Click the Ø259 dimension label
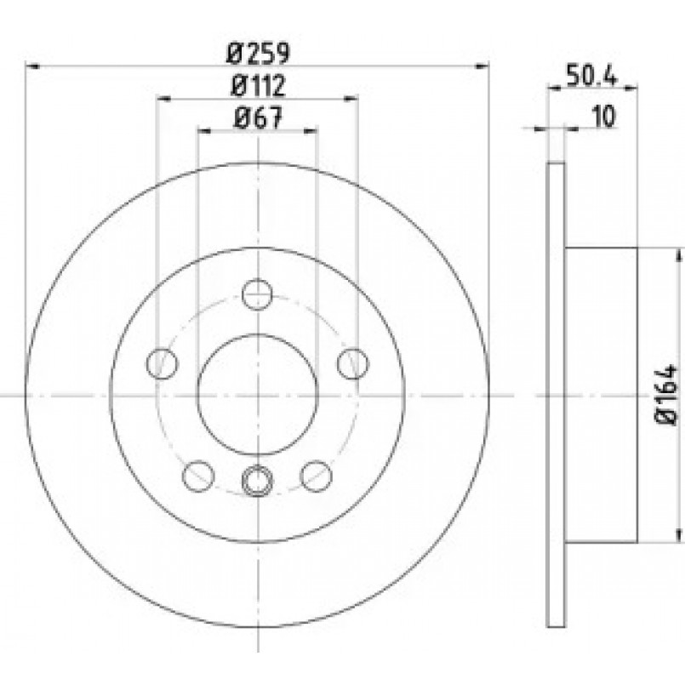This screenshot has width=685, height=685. tap(259, 54)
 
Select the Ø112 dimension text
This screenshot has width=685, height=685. tap(259, 86)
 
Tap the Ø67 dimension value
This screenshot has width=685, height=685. tap(259, 118)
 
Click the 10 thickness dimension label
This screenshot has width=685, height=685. tap(605, 117)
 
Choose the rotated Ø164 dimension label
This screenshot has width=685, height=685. tap(666, 394)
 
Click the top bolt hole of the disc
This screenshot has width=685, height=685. tap(258, 294)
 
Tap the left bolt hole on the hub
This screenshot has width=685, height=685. tap(162, 363)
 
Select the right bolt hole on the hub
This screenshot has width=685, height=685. tap(353, 363)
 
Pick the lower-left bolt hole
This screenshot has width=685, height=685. tap(198, 476)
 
